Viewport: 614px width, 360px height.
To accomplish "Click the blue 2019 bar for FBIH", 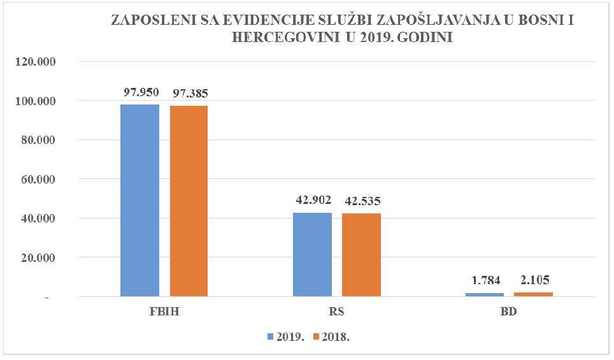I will pos(139,200).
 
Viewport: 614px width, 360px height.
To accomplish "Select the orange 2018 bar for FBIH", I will pos(189,201).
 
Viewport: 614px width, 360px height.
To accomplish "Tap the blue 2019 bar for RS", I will pos(312,254).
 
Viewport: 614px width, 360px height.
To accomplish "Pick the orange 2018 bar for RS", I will pos(361,255).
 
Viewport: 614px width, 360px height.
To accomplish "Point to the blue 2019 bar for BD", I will pos(485,294).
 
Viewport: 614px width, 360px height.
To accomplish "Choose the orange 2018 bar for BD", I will pos(534,294).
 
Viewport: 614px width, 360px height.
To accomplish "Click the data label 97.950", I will pos(141,92).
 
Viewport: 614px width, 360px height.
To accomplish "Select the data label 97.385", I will pos(190,94).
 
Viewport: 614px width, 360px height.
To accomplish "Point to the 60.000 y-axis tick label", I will pos(38,180).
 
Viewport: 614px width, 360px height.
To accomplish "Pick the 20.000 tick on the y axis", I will pos(38,258).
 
